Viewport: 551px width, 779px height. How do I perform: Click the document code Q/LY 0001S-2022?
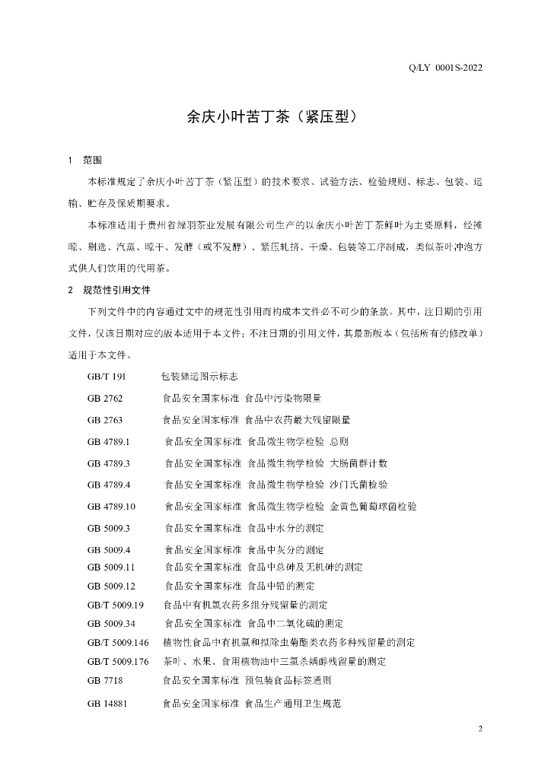pos(446,68)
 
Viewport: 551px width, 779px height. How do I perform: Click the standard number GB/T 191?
pos(106,377)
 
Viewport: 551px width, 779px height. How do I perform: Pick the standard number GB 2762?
pos(105,398)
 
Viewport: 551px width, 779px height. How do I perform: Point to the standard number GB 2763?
pos(105,419)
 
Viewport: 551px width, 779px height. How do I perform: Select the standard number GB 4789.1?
pos(110,441)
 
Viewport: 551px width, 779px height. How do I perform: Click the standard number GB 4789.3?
pos(110,463)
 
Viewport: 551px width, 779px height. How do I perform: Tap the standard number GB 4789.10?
pos(112,485)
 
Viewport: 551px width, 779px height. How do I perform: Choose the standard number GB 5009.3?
pos(110,506)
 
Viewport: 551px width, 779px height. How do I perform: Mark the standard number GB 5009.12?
pos(111,586)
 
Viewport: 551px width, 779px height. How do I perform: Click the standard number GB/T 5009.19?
pos(116,605)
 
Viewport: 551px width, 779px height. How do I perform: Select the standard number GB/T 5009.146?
pos(118,643)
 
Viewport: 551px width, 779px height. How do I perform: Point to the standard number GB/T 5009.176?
pos(118,661)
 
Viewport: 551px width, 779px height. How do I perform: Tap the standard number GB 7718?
pos(105,680)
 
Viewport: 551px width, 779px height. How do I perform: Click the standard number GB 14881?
pos(107,704)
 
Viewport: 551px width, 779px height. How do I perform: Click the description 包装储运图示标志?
pos(199,377)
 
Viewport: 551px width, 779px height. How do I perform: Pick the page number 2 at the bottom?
pos(480,730)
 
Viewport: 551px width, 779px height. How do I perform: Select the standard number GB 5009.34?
pos(111,624)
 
